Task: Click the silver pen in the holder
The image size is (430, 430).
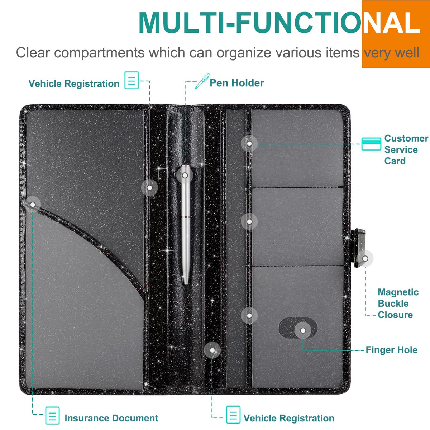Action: click(x=185, y=224)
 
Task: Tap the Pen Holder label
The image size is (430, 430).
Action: click(x=237, y=83)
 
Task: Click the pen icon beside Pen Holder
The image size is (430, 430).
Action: click(x=202, y=81)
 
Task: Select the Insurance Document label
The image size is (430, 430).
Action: click(x=111, y=418)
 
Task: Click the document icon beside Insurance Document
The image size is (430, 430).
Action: click(x=52, y=415)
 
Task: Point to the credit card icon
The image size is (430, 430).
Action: click(x=371, y=144)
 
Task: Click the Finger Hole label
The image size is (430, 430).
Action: click(x=392, y=350)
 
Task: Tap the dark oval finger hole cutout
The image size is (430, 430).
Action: click(x=298, y=328)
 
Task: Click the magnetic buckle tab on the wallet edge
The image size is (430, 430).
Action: click(x=359, y=248)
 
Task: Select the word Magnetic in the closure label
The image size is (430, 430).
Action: click(x=398, y=292)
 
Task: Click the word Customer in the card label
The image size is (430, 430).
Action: click(x=406, y=138)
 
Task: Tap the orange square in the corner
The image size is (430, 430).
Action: click(x=396, y=34)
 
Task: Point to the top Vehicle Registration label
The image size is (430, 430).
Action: click(x=74, y=84)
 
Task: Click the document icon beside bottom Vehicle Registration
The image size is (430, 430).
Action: click(x=233, y=415)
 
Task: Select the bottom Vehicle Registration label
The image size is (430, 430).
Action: click(x=289, y=418)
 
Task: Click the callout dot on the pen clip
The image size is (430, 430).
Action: click(x=185, y=175)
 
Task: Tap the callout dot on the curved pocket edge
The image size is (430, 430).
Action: click(x=33, y=205)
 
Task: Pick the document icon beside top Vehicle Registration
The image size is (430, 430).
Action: click(x=132, y=80)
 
